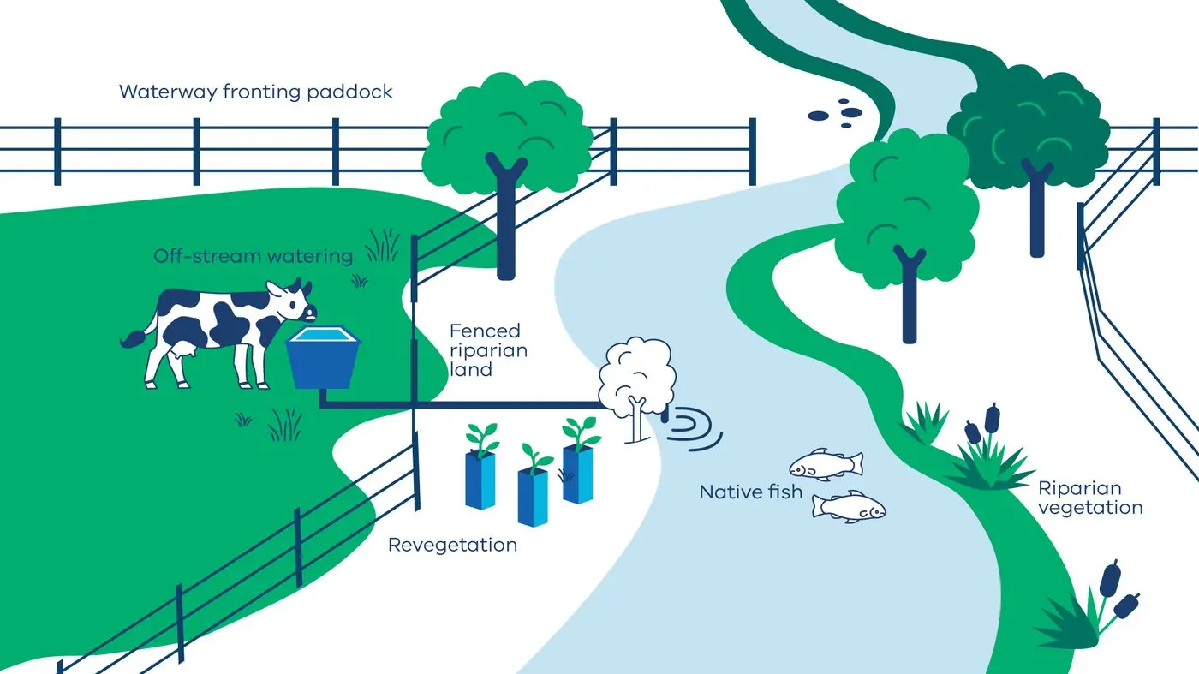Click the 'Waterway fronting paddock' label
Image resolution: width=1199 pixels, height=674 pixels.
point(255,92)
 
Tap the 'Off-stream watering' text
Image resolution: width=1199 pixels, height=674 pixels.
point(253,256)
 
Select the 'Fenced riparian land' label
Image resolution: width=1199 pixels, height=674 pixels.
point(488,349)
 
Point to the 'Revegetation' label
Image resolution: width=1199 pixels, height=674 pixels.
point(452,545)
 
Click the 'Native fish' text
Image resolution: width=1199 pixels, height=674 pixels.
point(750,492)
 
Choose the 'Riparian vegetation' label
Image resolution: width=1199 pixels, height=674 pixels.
point(1089,498)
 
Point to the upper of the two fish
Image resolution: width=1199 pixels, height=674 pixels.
point(825,464)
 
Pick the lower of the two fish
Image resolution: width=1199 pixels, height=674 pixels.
point(848,506)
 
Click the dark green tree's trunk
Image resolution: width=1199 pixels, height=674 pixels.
point(1036,214)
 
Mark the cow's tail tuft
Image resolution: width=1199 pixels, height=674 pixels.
point(131,340)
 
